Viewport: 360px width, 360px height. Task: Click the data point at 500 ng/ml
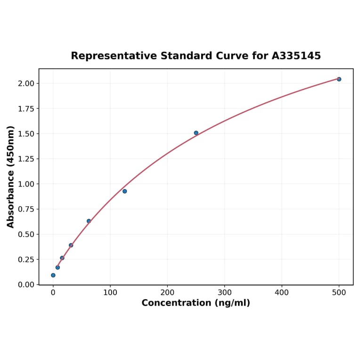coord(339,79)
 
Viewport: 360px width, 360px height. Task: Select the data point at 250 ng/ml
coord(196,133)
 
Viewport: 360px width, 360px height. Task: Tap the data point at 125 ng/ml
coord(124,191)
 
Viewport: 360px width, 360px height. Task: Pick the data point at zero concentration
coord(53,275)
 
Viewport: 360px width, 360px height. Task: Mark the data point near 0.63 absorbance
coord(89,221)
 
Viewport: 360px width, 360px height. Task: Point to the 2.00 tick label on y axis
coord(26,83)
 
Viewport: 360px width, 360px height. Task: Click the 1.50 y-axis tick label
coord(26,134)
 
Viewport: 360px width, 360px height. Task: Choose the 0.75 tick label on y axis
coord(26,209)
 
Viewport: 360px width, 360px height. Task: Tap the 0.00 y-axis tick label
coord(26,285)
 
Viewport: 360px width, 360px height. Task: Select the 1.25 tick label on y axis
coord(26,159)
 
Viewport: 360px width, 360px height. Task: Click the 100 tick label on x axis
coord(110,292)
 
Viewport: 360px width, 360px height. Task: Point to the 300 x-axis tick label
coord(225,292)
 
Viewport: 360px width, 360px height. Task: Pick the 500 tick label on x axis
coord(339,292)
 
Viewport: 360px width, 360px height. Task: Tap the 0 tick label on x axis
coord(53,292)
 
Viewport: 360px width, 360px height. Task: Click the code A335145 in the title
coord(296,56)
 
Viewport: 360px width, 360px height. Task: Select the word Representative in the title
coord(114,56)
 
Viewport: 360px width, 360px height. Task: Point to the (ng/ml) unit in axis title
coord(232,303)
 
